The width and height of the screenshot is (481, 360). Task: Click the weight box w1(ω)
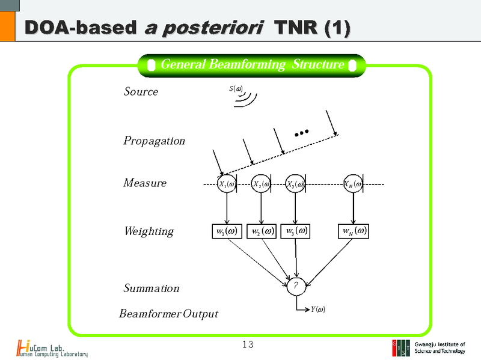(227, 231)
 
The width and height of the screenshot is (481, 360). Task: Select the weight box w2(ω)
(262, 231)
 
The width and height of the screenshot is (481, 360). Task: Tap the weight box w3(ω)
(295, 231)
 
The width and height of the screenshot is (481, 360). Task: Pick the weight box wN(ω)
(354, 231)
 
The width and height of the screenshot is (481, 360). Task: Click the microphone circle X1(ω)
(227, 184)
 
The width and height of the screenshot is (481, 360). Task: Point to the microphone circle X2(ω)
(260, 184)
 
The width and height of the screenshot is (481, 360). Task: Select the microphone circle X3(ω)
(295, 184)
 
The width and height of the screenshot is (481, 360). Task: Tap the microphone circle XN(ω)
(353, 184)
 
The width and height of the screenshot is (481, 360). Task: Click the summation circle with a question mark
(296, 287)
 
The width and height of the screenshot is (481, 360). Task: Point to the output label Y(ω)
(318, 310)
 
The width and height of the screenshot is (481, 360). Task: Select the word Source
(141, 92)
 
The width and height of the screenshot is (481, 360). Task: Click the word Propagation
(154, 141)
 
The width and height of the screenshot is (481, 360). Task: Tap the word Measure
(145, 183)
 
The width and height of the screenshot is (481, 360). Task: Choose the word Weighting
(149, 231)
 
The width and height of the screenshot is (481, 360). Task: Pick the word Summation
(152, 288)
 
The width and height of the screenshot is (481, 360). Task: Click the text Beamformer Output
(168, 314)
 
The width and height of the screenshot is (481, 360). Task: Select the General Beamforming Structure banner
(252, 65)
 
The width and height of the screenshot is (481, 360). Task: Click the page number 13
(248, 344)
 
